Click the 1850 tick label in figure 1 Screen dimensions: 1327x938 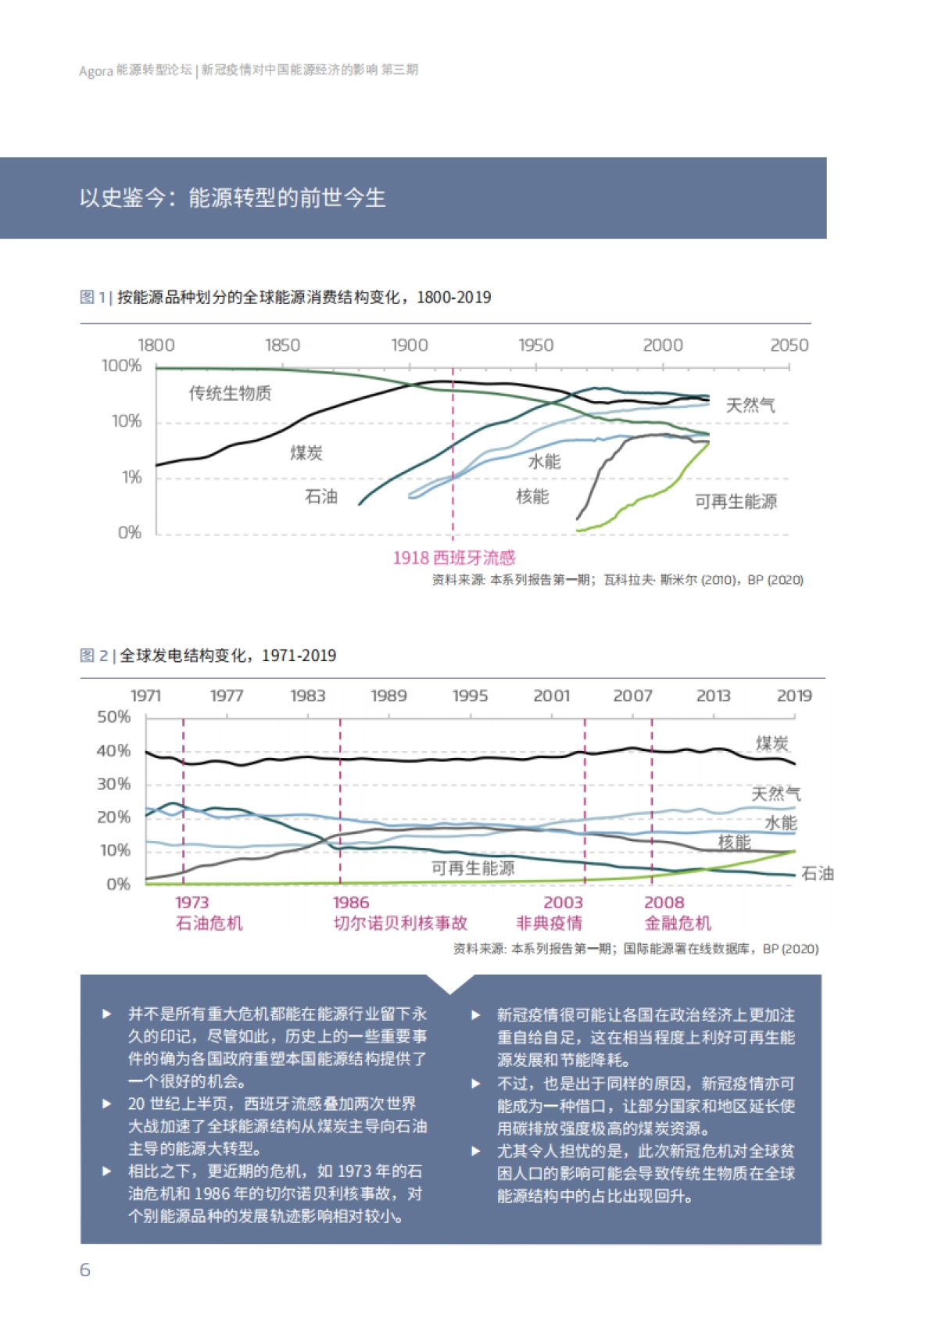click(x=282, y=345)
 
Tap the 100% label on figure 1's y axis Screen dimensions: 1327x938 click(x=121, y=366)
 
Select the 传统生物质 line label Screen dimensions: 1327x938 click(x=230, y=393)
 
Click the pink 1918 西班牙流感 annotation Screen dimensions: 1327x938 click(x=453, y=558)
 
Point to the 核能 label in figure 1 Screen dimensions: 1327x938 click(x=532, y=497)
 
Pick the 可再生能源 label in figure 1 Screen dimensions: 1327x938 click(x=736, y=502)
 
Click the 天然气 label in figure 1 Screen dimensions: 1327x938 click(x=750, y=405)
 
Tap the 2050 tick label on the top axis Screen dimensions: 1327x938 click(x=789, y=345)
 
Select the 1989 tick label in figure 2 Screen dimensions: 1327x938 click(x=388, y=696)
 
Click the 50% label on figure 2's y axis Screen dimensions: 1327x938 click(x=114, y=717)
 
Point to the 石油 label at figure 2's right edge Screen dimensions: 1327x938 click(x=818, y=874)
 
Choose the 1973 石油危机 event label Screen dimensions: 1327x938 click(x=209, y=913)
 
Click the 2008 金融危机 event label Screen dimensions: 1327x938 click(x=677, y=913)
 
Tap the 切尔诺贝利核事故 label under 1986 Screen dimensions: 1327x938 click(x=400, y=923)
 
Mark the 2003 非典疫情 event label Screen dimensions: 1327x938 click(x=550, y=913)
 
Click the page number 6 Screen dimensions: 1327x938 click(x=85, y=1270)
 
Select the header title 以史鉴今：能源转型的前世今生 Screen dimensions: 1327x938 click(x=232, y=198)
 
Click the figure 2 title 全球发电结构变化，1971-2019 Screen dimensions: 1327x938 click(x=227, y=656)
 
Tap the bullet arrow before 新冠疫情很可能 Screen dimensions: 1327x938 click(x=475, y=1015)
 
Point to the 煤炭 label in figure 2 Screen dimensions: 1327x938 click(x=772, y=743)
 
